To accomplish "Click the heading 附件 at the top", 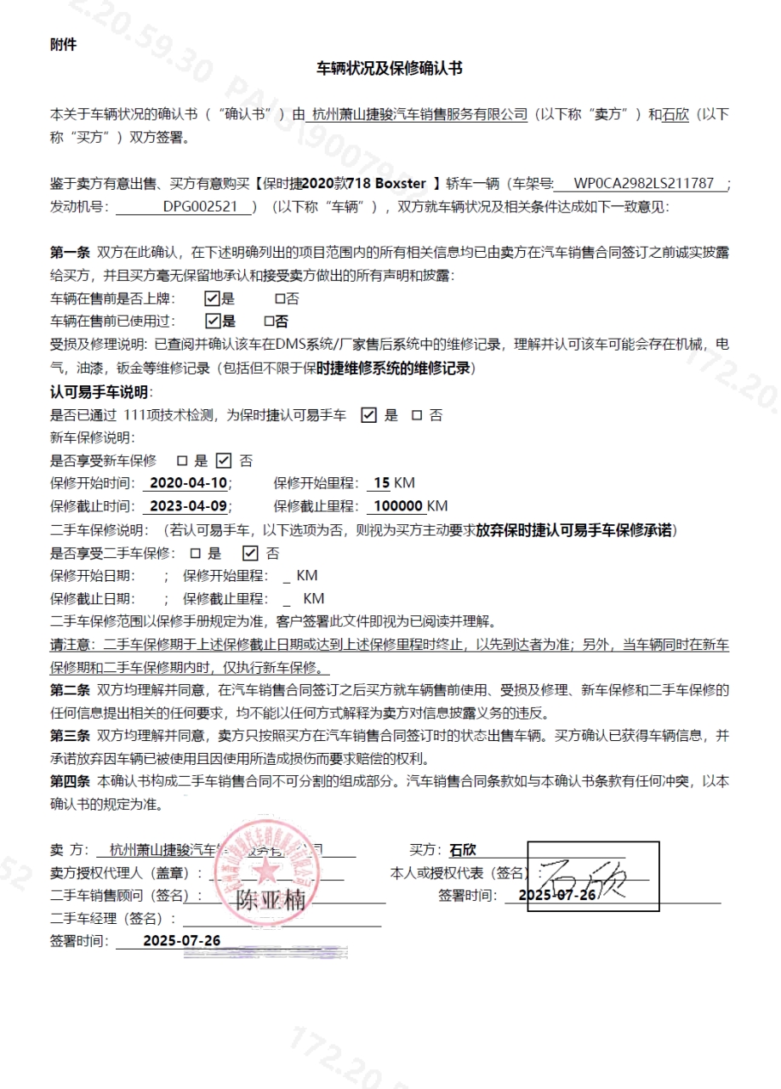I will point(63,44).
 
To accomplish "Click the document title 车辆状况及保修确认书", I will point(390,68).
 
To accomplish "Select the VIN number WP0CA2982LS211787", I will point(643,183).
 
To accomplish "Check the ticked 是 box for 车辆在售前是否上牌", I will point(212,299).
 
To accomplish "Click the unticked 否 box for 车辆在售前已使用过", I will point(269,322).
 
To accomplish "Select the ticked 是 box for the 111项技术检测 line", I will point(368,415).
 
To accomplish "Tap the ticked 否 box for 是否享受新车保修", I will point(223,460).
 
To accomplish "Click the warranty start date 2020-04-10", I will point(188,483).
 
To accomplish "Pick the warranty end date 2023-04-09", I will point(188,506).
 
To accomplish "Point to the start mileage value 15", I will point(381,483).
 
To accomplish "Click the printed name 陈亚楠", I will point(270,900).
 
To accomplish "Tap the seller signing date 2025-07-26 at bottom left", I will point(181,940).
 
